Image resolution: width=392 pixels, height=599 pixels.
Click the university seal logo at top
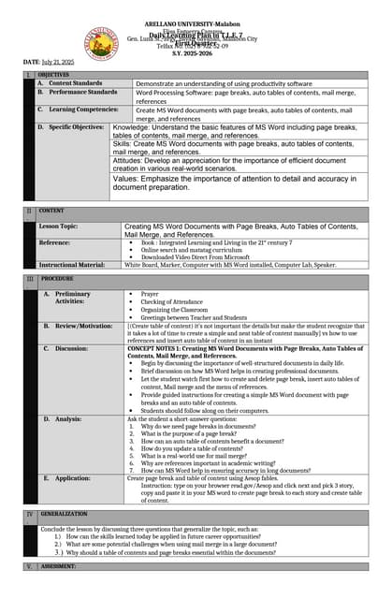100,43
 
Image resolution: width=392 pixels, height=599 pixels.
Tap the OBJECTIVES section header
54,74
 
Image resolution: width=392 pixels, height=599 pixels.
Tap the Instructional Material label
72,265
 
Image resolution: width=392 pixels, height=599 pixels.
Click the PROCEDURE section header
56,279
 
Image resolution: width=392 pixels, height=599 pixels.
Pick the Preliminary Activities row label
72,297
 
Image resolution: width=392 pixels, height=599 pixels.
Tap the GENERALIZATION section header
64,514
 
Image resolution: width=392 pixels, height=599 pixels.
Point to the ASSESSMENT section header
58,566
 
